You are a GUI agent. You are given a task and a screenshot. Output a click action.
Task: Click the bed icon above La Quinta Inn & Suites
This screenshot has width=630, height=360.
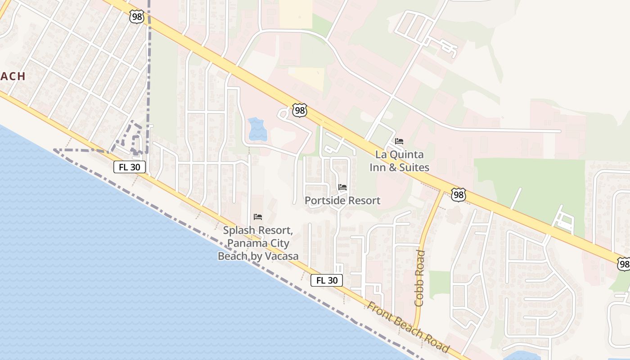(x=399, y=141)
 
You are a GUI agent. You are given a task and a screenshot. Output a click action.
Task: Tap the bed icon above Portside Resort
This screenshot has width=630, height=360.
(x=342, y=187)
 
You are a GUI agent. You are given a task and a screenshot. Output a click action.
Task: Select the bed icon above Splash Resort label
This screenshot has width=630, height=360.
(x=257, y=217)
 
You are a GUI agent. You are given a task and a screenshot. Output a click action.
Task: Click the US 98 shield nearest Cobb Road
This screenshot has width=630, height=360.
(x=458, y=195)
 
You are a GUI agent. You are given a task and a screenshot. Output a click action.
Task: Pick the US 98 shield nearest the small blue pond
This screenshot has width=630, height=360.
(x=299, y=110)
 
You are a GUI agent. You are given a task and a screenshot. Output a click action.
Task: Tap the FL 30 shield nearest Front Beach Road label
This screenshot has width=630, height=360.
(x=327, y=280)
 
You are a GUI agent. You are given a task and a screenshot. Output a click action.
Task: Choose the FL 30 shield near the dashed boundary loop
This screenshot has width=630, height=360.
(x=130, y=167)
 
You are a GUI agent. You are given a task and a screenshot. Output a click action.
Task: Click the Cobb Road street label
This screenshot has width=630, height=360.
(x=420, y=279)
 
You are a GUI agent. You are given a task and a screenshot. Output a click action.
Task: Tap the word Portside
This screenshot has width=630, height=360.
(x=325, y=200)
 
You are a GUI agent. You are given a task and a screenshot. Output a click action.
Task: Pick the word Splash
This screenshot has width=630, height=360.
(x=240, y=231)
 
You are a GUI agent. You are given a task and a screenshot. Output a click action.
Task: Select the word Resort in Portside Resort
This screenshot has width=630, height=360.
(x=364, y=200)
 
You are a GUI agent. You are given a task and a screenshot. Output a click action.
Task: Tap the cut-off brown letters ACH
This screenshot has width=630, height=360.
(x=13, y=76)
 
